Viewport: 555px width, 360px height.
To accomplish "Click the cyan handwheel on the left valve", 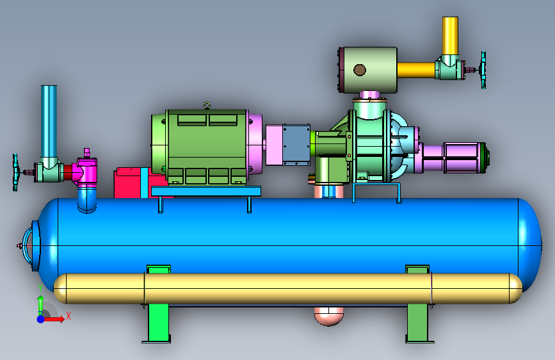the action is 15,172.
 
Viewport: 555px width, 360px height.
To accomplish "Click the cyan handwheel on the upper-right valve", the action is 483,70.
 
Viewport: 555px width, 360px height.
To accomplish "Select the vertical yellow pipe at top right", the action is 450,35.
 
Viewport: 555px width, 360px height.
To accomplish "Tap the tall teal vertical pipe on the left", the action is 49,122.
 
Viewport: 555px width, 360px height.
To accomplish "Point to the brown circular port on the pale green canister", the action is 360,70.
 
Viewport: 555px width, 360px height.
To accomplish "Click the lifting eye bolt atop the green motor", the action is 207,105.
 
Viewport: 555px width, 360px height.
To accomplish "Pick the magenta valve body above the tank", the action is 85,169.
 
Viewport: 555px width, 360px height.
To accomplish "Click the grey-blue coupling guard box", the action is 296,145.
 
